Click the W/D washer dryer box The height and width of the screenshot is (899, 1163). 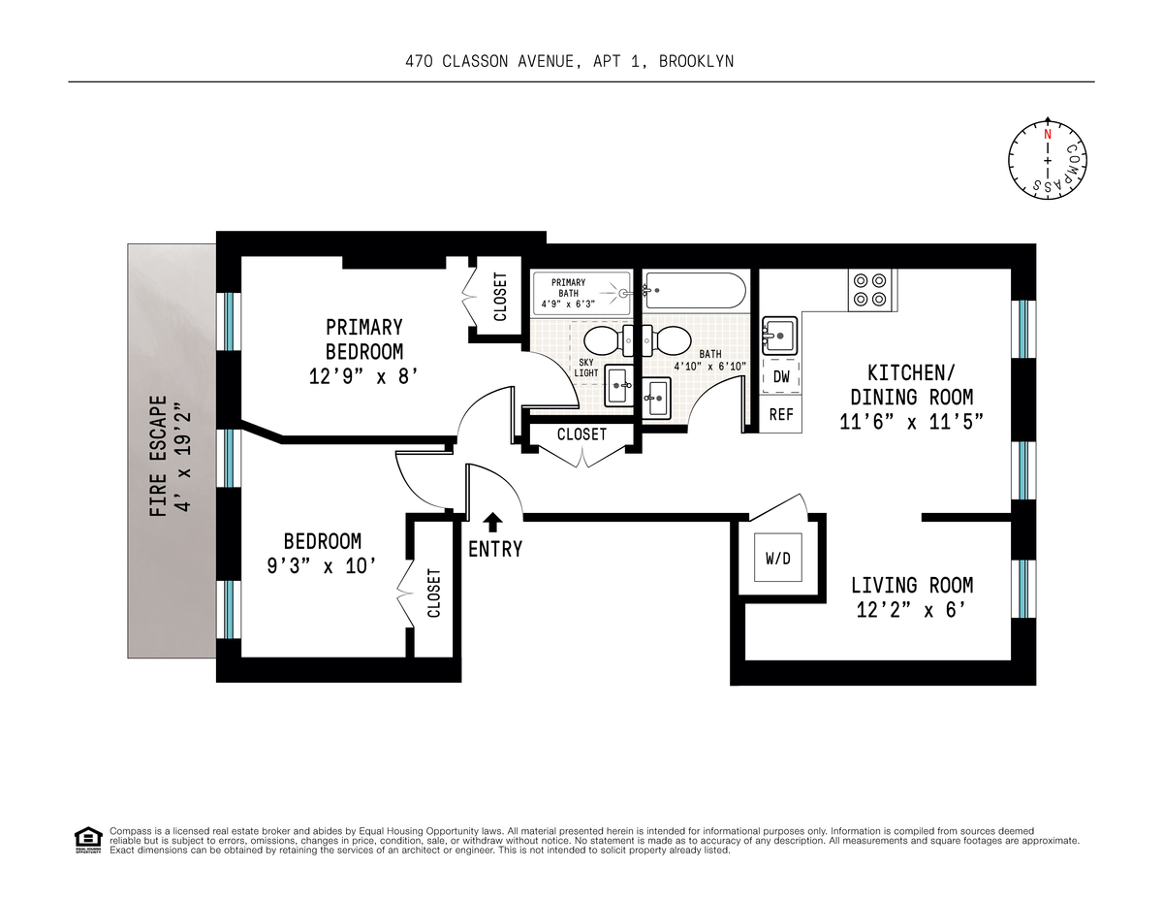pyautogui.click(x=777, y=558)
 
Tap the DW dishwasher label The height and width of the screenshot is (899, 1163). pyautogui.click(x=780, y=377)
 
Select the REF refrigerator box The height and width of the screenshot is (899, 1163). pyautogui.click(x=780, y=415)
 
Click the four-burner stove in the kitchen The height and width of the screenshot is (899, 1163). pyautogui.click(x=869, y=289)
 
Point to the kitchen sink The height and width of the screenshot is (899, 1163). pyautogui.click(x=778, y=336)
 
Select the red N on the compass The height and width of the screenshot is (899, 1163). pyautogui.click(x=1047, y=134)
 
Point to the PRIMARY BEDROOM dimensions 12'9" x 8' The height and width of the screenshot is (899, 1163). pyautogui.click(x=363, y=375)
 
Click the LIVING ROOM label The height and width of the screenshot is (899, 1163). pyautogui.click(x=911, y=586)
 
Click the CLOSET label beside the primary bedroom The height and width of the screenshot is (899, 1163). pyautogui.click(x=500, y=297)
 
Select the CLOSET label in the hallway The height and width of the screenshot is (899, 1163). pyautogui.click(x=581, y=434)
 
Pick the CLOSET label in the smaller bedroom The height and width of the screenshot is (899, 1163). pyautogui.click(x=433, y=593)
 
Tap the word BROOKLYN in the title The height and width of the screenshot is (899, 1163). pyautogui.click(x=696, y=61)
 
